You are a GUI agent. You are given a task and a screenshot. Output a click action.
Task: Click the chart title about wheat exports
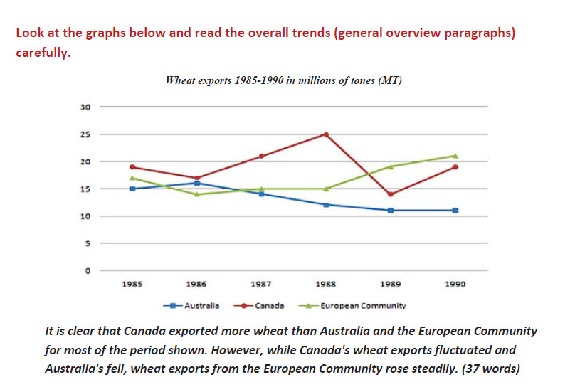coord(283,80)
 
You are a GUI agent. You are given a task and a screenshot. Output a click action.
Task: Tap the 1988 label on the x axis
coord(325,284)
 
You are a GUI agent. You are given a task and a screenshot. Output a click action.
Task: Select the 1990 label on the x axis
coord(455,284)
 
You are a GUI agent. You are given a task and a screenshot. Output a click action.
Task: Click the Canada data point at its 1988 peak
coord(326,134)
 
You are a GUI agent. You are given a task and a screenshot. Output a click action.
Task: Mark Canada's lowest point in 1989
coord(391,194)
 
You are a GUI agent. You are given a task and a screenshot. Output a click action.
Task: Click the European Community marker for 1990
coord(455,156)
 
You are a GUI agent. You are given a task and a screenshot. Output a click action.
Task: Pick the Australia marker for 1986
coord(197,183)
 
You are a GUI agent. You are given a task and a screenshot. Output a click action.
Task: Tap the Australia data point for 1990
coord(455,211)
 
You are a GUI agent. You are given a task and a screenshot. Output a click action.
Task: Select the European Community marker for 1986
coord(197,194)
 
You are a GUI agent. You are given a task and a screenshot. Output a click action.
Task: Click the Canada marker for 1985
coord(132,166)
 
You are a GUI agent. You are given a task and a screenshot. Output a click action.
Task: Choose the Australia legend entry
coord(191,305)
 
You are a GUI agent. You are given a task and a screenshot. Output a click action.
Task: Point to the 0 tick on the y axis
coord(88,271)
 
